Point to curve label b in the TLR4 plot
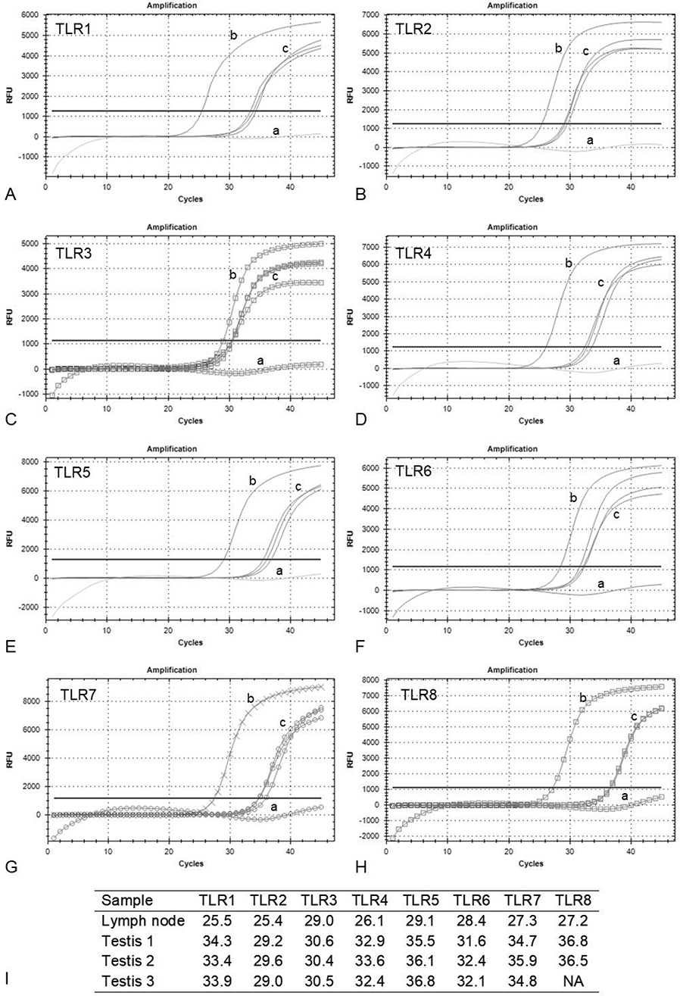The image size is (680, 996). coord(567,264)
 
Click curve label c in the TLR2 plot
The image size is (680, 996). coord(585,52)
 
